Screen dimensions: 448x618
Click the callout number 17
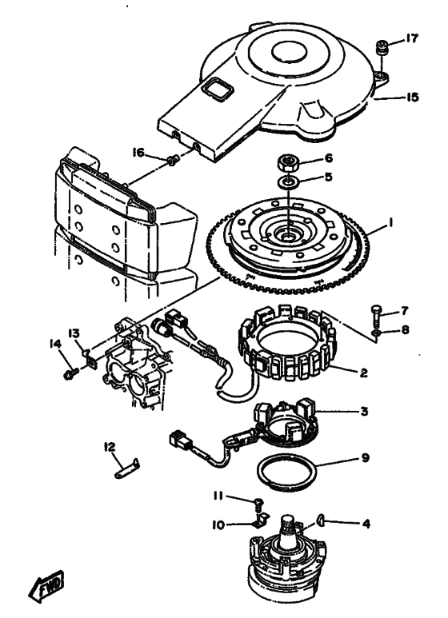pos(410,38)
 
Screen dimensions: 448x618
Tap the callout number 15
pos(412,97)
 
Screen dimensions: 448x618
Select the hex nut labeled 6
pos(288,162)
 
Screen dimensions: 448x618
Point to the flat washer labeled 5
pos(288,182)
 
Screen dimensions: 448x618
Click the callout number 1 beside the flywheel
pos(390,223)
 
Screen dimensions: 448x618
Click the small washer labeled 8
pos(377,334)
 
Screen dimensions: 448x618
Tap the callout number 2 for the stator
pos(363,372)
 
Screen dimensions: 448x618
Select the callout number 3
pos(364,411)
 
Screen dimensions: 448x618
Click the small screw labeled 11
pos(260,504)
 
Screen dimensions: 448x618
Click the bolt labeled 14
pos(71,374)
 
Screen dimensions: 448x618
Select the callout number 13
pos(74,333)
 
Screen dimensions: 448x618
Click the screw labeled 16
pos(173,160)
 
